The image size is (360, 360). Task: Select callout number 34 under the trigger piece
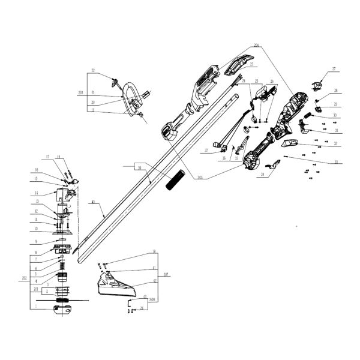pyautogui.click(x=262, y=174)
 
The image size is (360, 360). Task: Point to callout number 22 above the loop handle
pyautogui.click(x=93, y=71)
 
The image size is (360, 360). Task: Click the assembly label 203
pyautogui.click(x=80, y=93)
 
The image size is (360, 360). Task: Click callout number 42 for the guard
pyautogui.click(x=154, y=281)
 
